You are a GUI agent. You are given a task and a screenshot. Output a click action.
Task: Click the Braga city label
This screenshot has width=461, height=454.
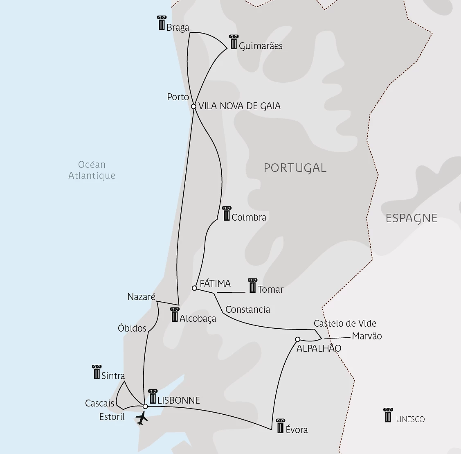pyautogui.click(x=178, y=27)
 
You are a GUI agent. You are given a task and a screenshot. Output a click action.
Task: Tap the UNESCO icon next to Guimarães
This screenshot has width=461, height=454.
pyautogui.click(x=234, y=42)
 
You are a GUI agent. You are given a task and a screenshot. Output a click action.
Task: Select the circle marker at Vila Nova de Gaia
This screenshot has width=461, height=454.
pyautogui.click(x=194, y=106)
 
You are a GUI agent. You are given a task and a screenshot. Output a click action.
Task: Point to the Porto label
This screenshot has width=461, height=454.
pyautogui.click(x=178, y=97)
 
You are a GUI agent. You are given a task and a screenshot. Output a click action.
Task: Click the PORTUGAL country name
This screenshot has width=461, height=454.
pyautogui.click(x=295, y=168)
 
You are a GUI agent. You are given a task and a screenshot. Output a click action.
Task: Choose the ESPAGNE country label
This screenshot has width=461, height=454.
pyautogui.click(x=411, y=218)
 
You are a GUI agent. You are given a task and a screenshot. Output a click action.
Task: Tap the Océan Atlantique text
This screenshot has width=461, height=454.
pyautogui.click(x=92, y=170)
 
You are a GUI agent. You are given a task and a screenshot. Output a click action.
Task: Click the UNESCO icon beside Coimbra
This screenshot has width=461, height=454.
pyautogui.click(x=227, y=213)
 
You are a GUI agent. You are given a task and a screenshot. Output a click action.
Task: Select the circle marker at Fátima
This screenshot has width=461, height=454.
pyautogui.click(x=194, y=288)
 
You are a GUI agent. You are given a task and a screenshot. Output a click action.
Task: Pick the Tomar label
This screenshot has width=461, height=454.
pyautogui.click(x=270, y=289)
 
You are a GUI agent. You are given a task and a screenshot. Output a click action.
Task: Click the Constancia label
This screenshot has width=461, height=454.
pyautogui.click(x=247, y=309)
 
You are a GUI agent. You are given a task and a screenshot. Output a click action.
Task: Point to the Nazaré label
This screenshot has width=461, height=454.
pyautogui.click(x=141, y=297)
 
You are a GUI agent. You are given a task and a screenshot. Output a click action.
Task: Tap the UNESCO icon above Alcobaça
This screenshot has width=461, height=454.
pyautogui.click(x=175, y=314)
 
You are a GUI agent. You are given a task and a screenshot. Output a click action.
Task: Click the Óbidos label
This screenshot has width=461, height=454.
pyautogui.click(x=132, y=328)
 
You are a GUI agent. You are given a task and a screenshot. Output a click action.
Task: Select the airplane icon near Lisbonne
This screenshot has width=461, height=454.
pyautogui.click(x=142, y=418)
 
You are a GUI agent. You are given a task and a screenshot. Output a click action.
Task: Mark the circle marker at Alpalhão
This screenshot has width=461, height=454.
pyautogui.click(x=298, y=339)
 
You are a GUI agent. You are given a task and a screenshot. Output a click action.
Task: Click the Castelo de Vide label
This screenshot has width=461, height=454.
pyautogui.click(x=345, y=323)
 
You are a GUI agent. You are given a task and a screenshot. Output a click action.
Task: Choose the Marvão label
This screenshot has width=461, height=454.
pyautogui.click(x=367, y=336)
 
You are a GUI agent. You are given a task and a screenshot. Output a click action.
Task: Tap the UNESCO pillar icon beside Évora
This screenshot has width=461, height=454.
pyautogui.click(x=280, y=426)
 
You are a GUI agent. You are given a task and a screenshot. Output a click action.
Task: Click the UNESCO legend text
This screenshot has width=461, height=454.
pyautogui.click(x=410, y=419)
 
